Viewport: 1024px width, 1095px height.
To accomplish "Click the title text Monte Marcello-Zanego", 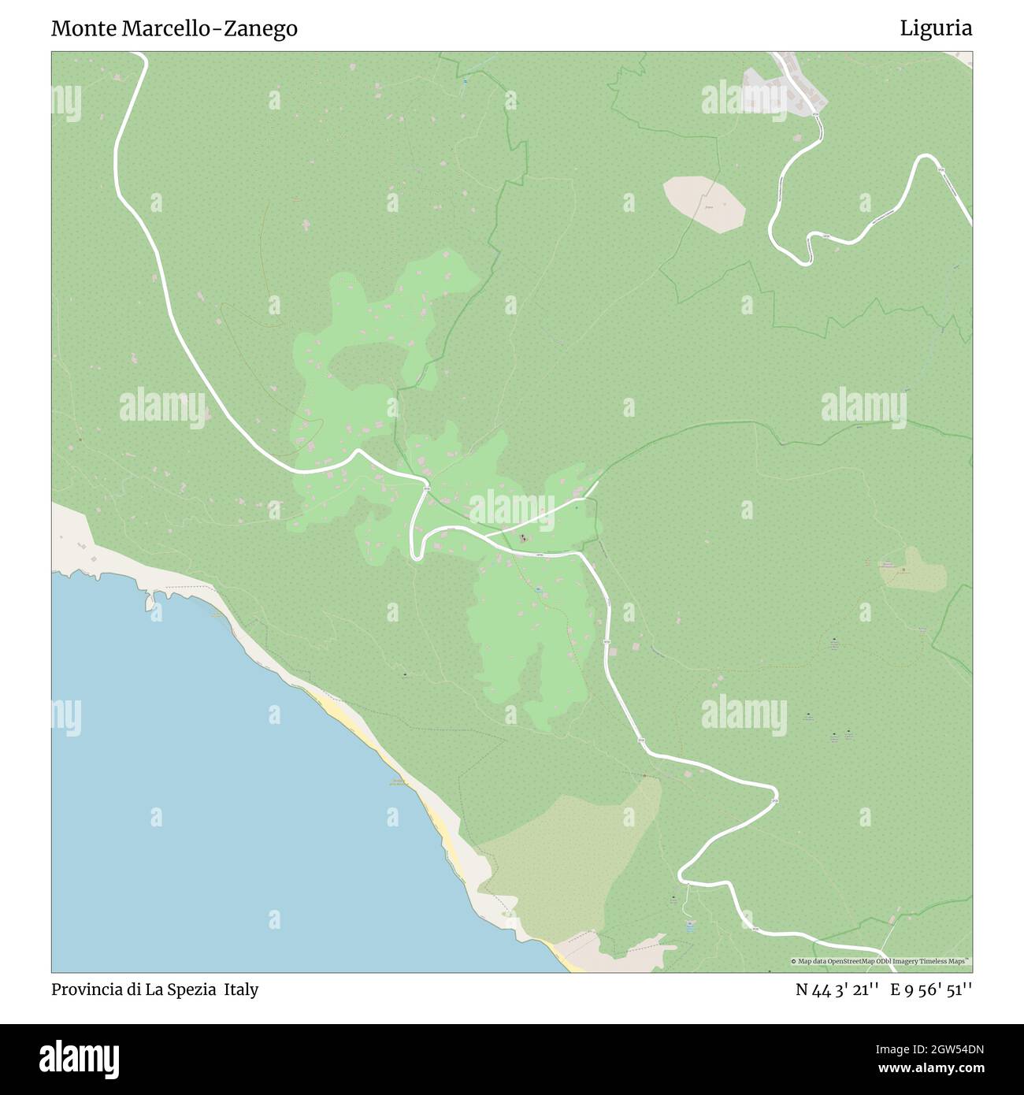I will (174, 28).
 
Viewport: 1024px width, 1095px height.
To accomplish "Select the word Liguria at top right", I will (936, 28).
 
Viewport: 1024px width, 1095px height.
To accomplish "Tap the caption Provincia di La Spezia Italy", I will (154, 989).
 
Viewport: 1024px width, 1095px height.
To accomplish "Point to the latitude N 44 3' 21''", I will (837, 989).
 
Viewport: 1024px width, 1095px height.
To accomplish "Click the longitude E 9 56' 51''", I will (931, 989).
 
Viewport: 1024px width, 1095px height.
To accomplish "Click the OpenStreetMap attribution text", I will (881, 961).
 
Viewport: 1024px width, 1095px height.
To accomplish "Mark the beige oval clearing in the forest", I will (704, 203).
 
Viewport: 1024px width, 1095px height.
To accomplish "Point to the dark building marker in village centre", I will (523, 540).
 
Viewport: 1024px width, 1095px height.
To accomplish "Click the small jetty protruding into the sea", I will (150, 603).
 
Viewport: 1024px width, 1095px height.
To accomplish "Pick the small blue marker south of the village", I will (538, 589).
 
